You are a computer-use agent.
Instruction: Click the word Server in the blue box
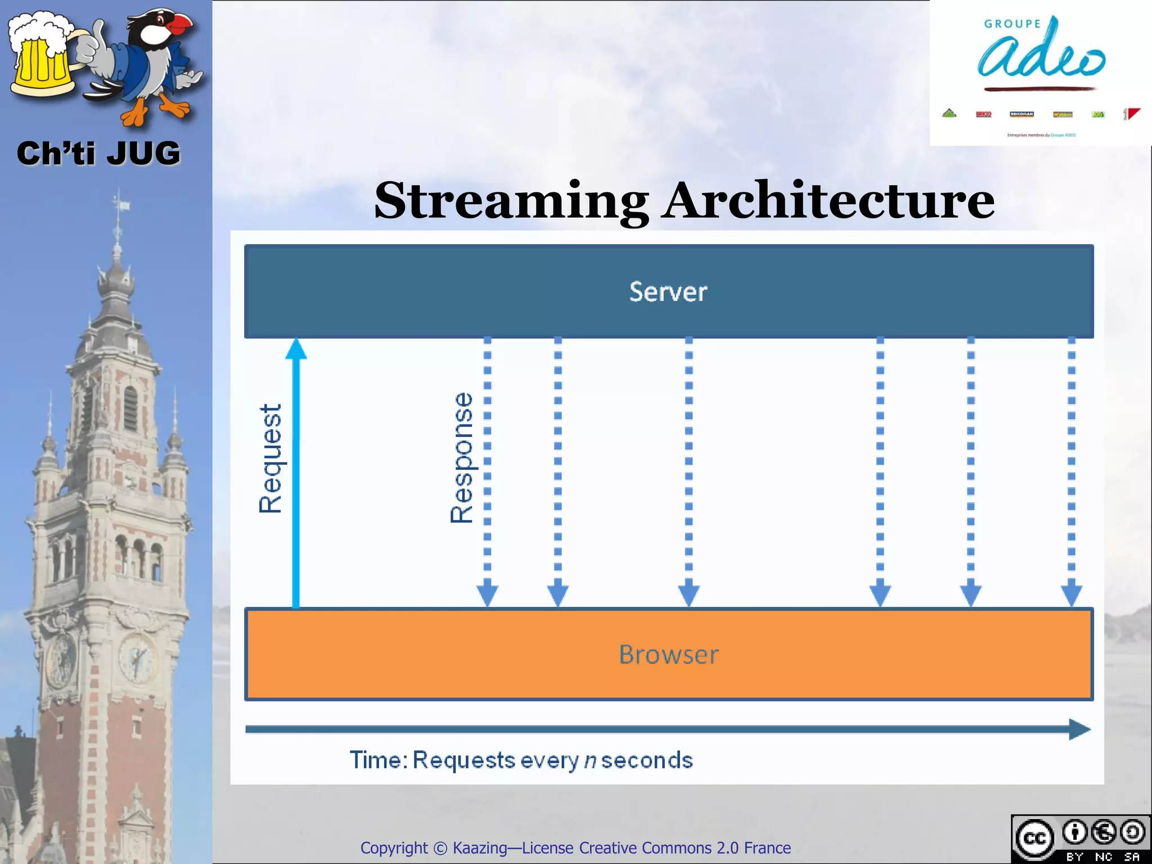(668, 291)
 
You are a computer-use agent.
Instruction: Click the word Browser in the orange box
(668, 654)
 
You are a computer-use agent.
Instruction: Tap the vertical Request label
(270, 458)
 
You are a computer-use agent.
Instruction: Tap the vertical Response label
(462, 458)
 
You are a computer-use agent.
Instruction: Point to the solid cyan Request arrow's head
(296, 349)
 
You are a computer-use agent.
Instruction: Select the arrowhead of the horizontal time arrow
(1079, 730)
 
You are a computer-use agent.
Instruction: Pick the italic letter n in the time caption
(589, 760)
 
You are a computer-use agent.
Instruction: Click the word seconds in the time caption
(647, 760)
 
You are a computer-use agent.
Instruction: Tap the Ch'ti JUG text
(98, 153)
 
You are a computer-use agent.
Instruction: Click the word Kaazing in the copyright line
(479, 848)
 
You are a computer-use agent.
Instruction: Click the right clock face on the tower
(136, 657)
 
